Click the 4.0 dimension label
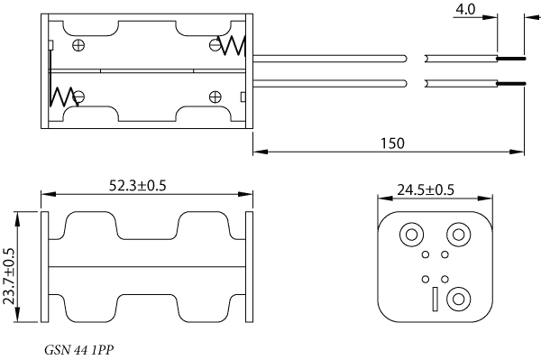465,9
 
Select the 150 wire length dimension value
392,143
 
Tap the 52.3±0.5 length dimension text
138,185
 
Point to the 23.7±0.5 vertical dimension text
9,276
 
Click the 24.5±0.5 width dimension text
426,189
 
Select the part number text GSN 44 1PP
79,350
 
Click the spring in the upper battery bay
232,45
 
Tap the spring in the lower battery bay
63,97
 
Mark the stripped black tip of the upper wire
511,59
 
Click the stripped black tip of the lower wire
511,83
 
